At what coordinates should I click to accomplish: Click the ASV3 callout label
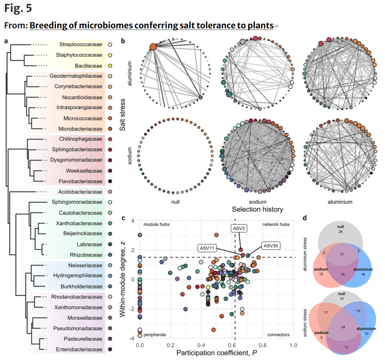click(238, 228)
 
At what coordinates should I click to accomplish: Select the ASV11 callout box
click(207, 248)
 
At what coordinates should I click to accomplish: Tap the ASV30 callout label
click(271, 246)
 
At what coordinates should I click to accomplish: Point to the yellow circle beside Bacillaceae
click(110, 66)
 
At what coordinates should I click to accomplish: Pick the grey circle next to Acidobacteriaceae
click(110, 192)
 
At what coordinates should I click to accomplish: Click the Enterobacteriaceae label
click(79, 349)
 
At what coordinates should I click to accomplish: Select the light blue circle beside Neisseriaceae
click(110, 265)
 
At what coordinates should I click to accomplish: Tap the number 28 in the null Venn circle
click(340, 231)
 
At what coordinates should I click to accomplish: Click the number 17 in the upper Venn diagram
click(342, 254)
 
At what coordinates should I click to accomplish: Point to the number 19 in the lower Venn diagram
click(343, 327)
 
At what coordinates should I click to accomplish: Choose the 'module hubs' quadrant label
click(156, 224)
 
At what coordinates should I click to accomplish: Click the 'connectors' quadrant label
click(278, 335)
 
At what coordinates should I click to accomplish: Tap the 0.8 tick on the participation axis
click(263, 345)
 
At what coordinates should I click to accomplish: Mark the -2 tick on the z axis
click(132, 309)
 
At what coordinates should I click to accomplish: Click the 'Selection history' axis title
click(257, 209)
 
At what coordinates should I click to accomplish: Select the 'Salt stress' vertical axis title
click(122, 115)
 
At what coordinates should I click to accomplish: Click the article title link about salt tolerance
click(152, 25)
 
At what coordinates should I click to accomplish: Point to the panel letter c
click(123, 218)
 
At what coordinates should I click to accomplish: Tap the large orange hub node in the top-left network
click(153, 47)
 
